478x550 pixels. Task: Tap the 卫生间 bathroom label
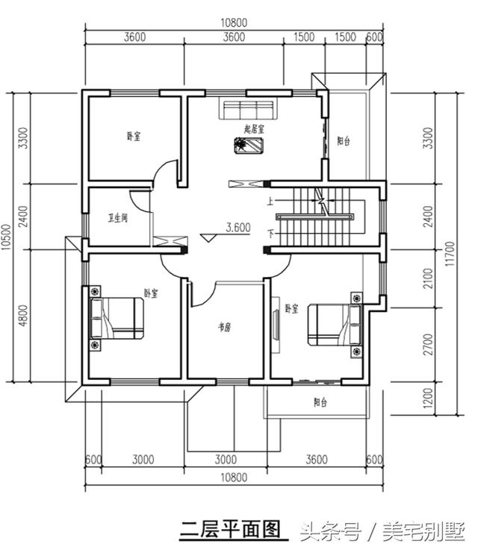pyautogui.click(x=118, y=219)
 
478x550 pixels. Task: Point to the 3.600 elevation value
pyautogui.click(x=238, y=228)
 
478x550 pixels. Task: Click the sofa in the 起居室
pyautogui.click(x=248, y=110)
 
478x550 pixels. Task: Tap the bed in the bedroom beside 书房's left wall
pyautogui.click(x=117, y=318)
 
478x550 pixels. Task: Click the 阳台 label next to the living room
pyautogui.click(x=344, y=140)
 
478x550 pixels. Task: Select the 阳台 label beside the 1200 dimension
pyautogui.click(x=319, y=402)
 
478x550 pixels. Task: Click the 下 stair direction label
pyautogui.click(x=270, y=234)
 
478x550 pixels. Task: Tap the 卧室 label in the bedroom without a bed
pyautogui.click(x=134, y=137)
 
